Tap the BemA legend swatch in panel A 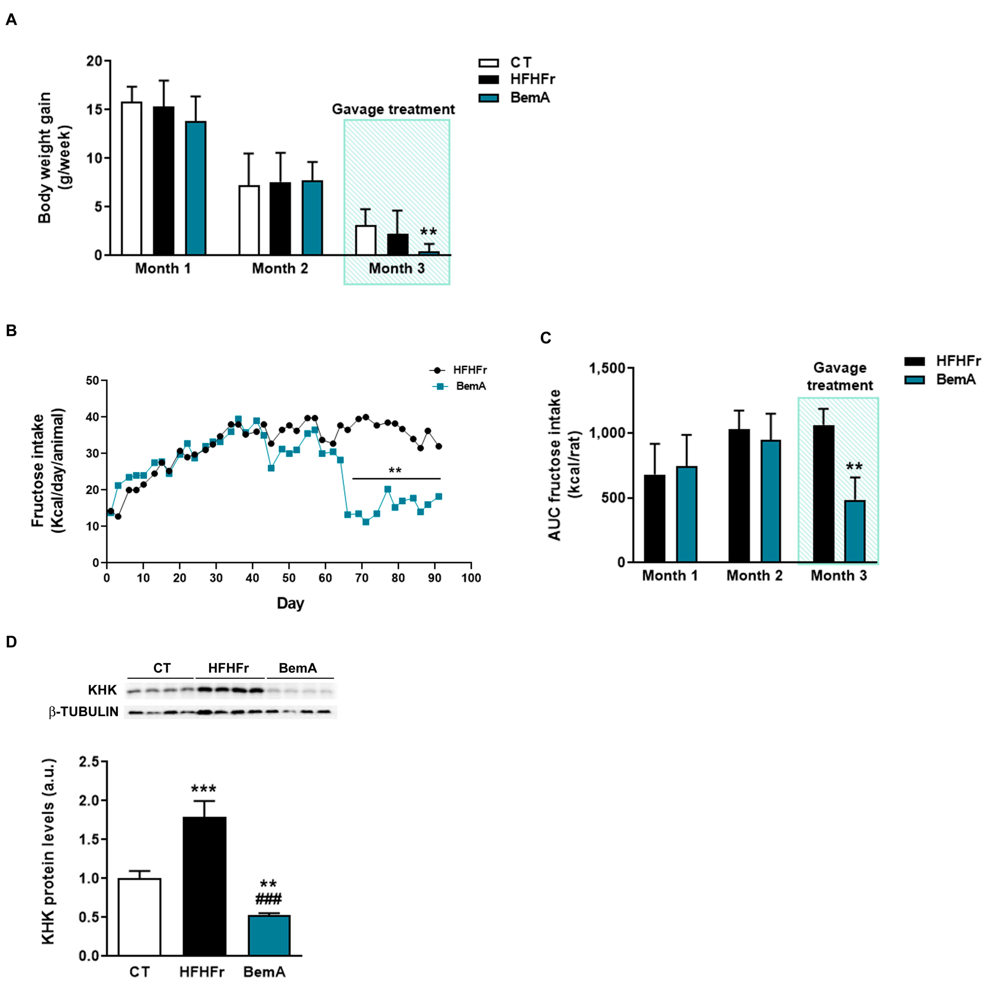point(488,98)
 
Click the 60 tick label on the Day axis point(325,578)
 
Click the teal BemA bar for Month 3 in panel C point(855,532)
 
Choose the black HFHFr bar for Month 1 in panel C point(654,519)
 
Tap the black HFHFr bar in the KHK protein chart point(204,886)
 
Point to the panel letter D point(11,642)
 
